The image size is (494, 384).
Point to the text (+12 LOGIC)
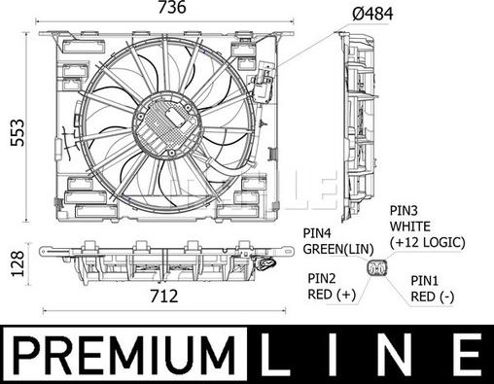point(427,242)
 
